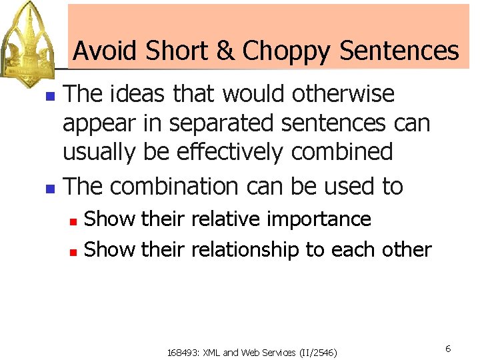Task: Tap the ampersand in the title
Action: (223, 51)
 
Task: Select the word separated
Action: (230, 123)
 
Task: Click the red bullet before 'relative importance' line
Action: (75, 221)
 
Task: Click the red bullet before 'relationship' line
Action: (75, 251)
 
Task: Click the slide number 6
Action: (448, 349)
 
